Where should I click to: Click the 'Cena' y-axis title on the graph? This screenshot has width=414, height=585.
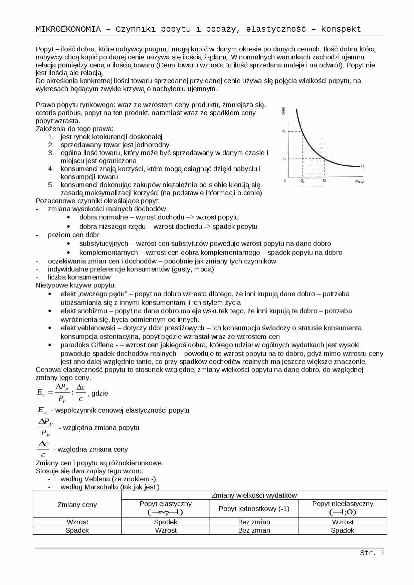pyautogui.click(x=283, y=111)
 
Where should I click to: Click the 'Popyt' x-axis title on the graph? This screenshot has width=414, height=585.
pyautogui.click(x=360, y=182)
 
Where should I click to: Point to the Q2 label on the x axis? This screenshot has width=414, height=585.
pyautogui.click(x=302, y=181)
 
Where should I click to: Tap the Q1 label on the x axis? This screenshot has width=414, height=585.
pyautogui.click(x=325, y=181)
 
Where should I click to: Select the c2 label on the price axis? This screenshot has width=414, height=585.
pyautogui.click(x=284, y=131)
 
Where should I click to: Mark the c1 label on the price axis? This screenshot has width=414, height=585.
pyautogui.click(x=284, y=159)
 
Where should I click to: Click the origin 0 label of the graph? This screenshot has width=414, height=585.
pyautogui.click(x=284, y=181)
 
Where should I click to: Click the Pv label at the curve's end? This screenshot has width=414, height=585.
pyautogui.click(x=363, y=166)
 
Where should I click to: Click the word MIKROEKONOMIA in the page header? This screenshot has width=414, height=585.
pyautogui.click(x=68, y=29)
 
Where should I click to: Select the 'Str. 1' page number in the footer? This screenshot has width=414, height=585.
pyautogui.click(x=372, y=553)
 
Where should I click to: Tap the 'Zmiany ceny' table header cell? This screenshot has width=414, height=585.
pyautogui.click(x=77, y=505)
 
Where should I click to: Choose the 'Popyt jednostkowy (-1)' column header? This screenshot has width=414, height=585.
pyautogui.click(x=254, y=509)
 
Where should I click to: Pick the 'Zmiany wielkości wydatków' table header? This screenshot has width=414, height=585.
pyautogui.click(x=254, y=495)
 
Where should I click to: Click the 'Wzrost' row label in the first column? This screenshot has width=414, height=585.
pyautogui.click(x=77, y=522)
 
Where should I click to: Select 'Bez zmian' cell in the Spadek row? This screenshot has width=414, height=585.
pyautogui.click(x=254, y=530)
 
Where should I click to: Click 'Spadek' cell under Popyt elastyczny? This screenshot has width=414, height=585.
pyautogui.click(x=166, y=522)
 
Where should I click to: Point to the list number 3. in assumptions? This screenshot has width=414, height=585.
pyautogui.click(x=51, y=153)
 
